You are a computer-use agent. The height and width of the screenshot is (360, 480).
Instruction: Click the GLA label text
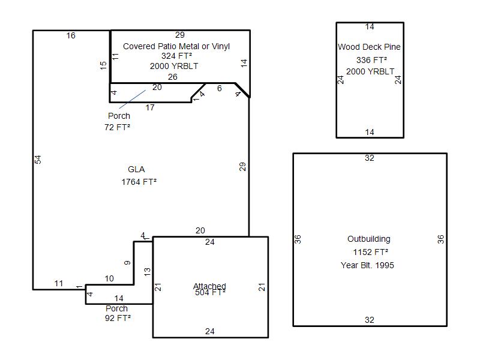click(x=136, y=169)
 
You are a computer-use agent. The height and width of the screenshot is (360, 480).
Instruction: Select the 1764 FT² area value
click(x=139, y=182)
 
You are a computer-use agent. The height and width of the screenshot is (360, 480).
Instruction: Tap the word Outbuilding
click(x=369, y=239)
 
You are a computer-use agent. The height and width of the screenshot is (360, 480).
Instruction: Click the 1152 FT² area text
click(x=370, y=252)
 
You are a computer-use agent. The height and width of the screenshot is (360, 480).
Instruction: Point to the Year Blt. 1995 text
click(x=367, y=265)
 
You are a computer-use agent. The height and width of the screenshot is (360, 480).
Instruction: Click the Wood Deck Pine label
click(x=369, y=47)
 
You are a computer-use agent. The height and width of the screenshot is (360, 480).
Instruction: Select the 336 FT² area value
click(x=371, y=60)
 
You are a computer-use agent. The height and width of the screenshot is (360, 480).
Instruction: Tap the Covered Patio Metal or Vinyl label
click(x=176, y=46)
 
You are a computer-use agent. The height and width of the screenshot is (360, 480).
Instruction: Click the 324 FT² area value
click(x=176, y=56)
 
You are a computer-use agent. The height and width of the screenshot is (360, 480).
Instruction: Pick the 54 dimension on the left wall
click(x=38, y=160)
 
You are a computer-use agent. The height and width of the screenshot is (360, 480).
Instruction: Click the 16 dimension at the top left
click(x=71, y=35)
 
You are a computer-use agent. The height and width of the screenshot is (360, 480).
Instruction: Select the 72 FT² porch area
click(x=117, y=127)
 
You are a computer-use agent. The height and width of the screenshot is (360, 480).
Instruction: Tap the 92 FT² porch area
click(x=118, y=318)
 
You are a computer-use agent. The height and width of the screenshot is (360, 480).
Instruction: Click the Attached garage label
click(x=209, y=286)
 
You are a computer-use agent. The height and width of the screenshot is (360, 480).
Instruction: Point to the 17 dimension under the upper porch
click(x=150, y=107)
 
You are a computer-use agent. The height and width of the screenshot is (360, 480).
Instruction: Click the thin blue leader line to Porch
click(x=132, y=99)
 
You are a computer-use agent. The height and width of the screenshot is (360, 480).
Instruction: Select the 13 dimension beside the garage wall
click(x=147, y=272)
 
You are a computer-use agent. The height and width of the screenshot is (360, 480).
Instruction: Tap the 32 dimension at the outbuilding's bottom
click(x=370, y=320)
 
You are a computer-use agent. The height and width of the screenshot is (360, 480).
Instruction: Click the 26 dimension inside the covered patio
click(x=173, y=77)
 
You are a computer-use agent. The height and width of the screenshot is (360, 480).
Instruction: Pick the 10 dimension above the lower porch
click(x=109, y=278)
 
